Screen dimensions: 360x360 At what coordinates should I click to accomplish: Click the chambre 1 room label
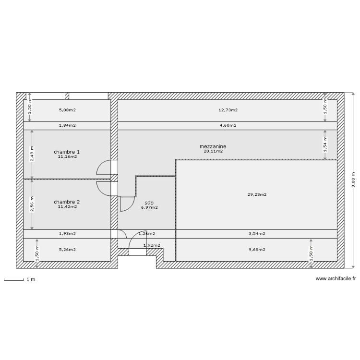tap(67, 152)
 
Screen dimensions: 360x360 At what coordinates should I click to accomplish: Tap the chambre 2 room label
tap(67, 202)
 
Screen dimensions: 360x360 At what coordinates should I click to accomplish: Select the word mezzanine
tap(213, 146)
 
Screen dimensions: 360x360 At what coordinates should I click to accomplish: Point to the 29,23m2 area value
tap(257, 194)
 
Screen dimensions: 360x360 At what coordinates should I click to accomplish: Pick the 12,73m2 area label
tap(228, 110)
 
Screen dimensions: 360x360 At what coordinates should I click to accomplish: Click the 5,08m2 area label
tap(67, 110)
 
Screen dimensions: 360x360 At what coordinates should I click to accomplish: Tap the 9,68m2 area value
tap(257, 249)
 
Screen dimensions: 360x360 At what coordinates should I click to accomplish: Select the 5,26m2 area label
tap(67, 249)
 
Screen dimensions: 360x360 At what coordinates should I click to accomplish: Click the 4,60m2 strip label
tap(228, 126)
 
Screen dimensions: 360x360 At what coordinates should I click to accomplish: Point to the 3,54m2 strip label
tap(257, 234)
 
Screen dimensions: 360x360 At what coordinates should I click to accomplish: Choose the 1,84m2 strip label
tap(67, 126)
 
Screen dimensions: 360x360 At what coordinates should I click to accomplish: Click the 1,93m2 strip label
tap(67, 234)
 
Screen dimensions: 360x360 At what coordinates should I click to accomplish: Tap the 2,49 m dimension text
tap(32, 155)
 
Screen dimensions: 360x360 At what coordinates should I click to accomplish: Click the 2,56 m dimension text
tap(32, 204)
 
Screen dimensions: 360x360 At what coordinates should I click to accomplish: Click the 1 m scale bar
tap(14, 279)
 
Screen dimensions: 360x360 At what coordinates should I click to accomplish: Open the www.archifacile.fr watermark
tap(336, 279)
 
